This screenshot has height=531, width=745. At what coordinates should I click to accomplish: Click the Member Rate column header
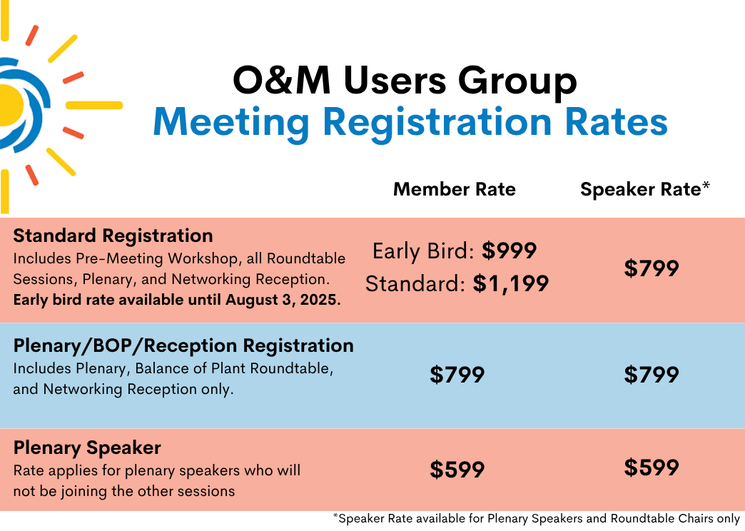click(x=455, y=189)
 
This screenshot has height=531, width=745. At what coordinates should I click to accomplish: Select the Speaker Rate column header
click(x=645, y=189)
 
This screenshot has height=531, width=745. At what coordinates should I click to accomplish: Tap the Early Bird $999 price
click(x=509, y=251)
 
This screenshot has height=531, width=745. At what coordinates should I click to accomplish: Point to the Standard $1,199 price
click(x=511, y=283)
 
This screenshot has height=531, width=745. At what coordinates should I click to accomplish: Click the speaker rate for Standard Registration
click(x=652, y=268)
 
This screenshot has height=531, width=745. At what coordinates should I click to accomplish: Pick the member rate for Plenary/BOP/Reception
click(x=457, y=375)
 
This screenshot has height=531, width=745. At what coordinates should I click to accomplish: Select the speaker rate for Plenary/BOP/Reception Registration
click(x=652, y=375)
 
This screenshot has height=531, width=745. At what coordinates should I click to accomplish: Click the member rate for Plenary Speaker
click(x=457, y=470)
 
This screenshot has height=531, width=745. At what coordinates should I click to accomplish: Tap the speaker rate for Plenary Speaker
click(x=652, y=467)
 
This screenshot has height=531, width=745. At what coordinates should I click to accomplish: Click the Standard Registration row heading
click(x=113, y=236)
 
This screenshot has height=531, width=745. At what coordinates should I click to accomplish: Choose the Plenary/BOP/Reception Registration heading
click(x=183, y=345)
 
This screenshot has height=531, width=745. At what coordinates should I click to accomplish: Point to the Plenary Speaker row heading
click(x=87, y=447)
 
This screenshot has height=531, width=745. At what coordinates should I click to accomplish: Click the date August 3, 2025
click(x=282, y=300)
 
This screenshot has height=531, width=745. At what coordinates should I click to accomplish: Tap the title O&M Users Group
click(x=405, y=80)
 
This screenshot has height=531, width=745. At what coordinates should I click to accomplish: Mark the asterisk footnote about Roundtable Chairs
click(x=537, y=519)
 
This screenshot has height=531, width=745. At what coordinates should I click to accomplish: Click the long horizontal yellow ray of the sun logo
click(x=94, y=105)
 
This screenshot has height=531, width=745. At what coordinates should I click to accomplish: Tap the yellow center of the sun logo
click(x=11, y=105)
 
